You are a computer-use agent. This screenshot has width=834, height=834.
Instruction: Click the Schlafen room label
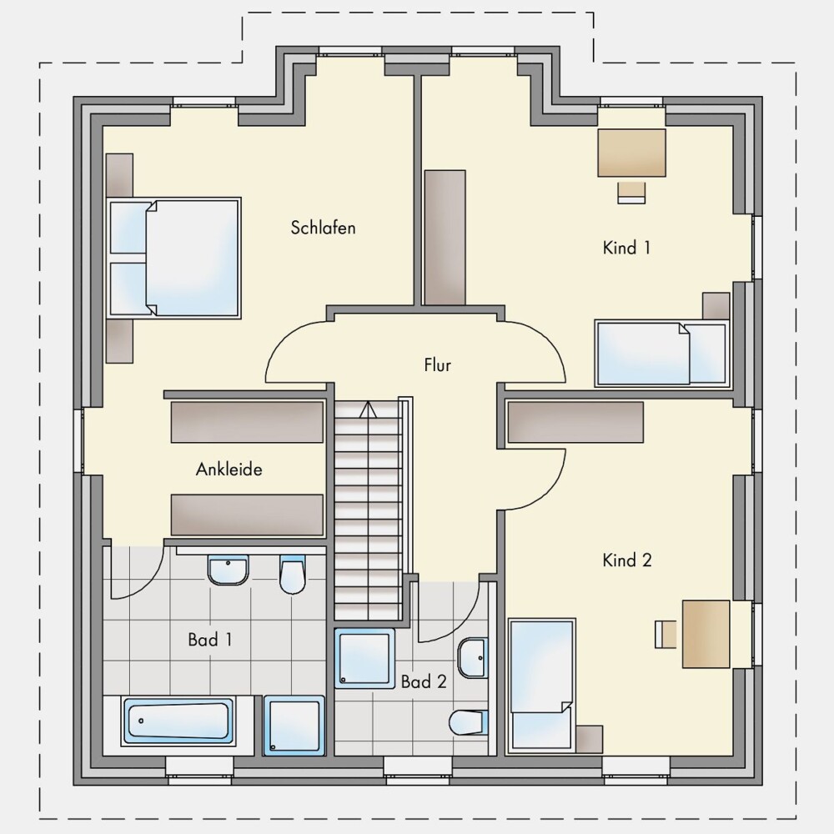(x=323, y=228)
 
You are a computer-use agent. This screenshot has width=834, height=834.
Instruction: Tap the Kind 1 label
(x=626, y=248)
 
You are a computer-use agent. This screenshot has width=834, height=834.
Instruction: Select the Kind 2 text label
(x=627, y=560)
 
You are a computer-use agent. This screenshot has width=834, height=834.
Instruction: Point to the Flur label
(x=438, y=365)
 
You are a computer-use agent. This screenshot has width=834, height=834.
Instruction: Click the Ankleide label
(x=229, y=469)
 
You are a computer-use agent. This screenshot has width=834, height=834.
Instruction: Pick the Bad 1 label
(x=210, y=640)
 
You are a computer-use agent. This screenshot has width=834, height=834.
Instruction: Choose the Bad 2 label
(x=424, y=682)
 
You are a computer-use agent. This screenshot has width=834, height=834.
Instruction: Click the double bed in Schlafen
(x=174, y=259)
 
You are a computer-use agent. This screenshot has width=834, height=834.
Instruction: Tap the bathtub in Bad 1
(x=178, y=721)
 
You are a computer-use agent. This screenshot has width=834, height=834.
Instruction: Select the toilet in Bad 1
(x=292, y=575)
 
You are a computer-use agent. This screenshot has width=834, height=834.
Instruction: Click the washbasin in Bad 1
(x=229, y=570)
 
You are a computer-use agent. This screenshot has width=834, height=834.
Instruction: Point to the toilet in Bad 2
(x=469, y=722)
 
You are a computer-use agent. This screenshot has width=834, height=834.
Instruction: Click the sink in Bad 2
(x=473, y=658)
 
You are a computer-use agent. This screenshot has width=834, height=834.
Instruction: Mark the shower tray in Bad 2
(x=365, y=659)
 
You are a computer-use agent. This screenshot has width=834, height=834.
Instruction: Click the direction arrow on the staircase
(x=368, y=410)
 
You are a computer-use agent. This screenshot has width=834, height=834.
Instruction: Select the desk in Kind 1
(x=632, y=153)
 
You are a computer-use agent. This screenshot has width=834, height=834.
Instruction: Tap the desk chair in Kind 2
(x=666, y=634)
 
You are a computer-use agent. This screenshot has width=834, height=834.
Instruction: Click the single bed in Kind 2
(x=542, y=686)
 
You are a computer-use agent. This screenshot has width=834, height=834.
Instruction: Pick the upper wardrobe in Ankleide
(x=247, y=422)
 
